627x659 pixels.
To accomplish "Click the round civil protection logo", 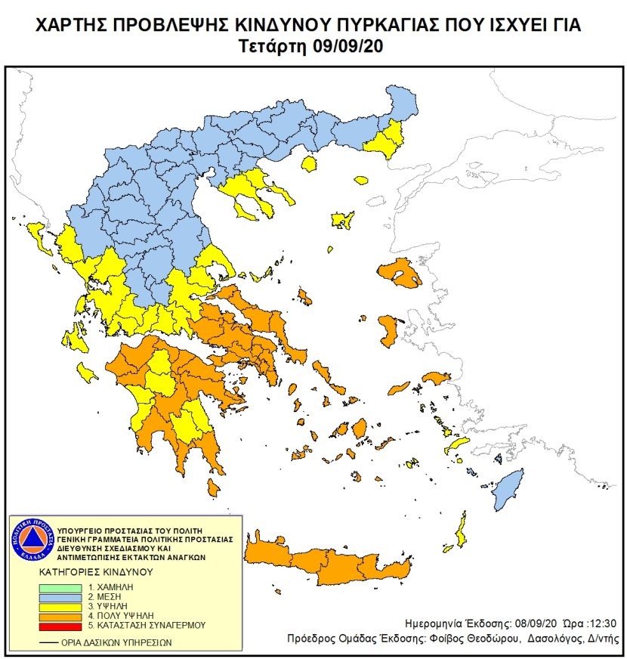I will [30, 537].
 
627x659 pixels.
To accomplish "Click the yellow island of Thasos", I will [308, 163].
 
